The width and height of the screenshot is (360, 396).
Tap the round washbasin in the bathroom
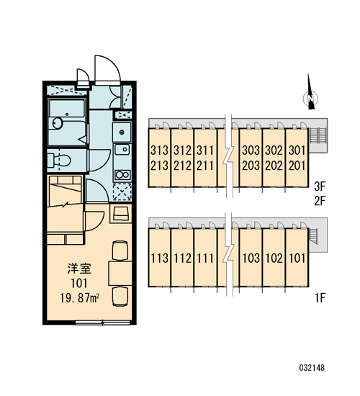(58, 123)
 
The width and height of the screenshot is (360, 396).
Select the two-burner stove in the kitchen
(122, 175)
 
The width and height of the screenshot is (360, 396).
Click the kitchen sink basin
(122, 150)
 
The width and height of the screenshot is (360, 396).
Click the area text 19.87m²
(80, 299)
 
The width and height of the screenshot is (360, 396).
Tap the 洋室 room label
(79, 269)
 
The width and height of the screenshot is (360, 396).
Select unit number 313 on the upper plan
(159, 150)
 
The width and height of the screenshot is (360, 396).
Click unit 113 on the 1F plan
(159, 258)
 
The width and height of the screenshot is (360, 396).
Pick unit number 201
(297, 166)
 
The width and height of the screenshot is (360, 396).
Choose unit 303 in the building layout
(251, 150)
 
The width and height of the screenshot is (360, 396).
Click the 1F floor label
(320, 298)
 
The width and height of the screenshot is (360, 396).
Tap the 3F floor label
(320, 186)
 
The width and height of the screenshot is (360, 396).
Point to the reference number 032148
(312, 368)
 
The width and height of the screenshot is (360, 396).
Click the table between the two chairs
(120, 274)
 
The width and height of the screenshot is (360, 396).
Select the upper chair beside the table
(120, 251)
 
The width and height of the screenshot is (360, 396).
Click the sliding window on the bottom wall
(103, 323)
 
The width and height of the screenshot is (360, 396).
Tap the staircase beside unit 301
(318, 135)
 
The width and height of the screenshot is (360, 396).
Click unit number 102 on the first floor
(274, 258)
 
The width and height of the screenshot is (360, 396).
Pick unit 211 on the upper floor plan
(205, 166)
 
